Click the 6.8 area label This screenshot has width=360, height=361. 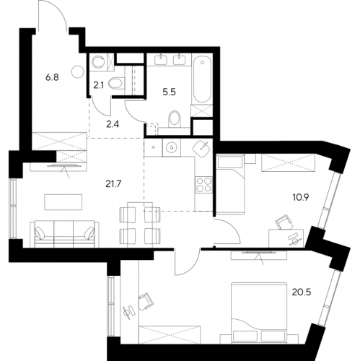coord(52,78)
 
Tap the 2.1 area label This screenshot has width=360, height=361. coord(98,85)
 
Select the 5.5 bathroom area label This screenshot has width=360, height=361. coord(170,92)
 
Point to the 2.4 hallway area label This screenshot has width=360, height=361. coord(113,125)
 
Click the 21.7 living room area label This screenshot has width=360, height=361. coord(113,184)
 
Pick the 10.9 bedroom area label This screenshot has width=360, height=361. coord(300,198)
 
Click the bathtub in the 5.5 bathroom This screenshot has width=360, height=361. coord(202,79)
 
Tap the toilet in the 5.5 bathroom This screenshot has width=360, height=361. coord(175,119)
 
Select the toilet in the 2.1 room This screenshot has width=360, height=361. coord(117,83)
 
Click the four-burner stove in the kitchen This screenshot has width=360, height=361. coord(203,185)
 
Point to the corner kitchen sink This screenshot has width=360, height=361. coord(201,148)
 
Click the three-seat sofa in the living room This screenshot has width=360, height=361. coord(65,234)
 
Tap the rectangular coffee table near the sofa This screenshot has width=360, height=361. coord(63,202)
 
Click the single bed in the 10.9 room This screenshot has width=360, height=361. coord(230,184)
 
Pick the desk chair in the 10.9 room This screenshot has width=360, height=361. coord(284,222)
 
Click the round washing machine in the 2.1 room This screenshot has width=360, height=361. coord(98,62)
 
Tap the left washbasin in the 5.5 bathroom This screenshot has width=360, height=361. coord(160,59)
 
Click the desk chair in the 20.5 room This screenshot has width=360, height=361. coord(146,301)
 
